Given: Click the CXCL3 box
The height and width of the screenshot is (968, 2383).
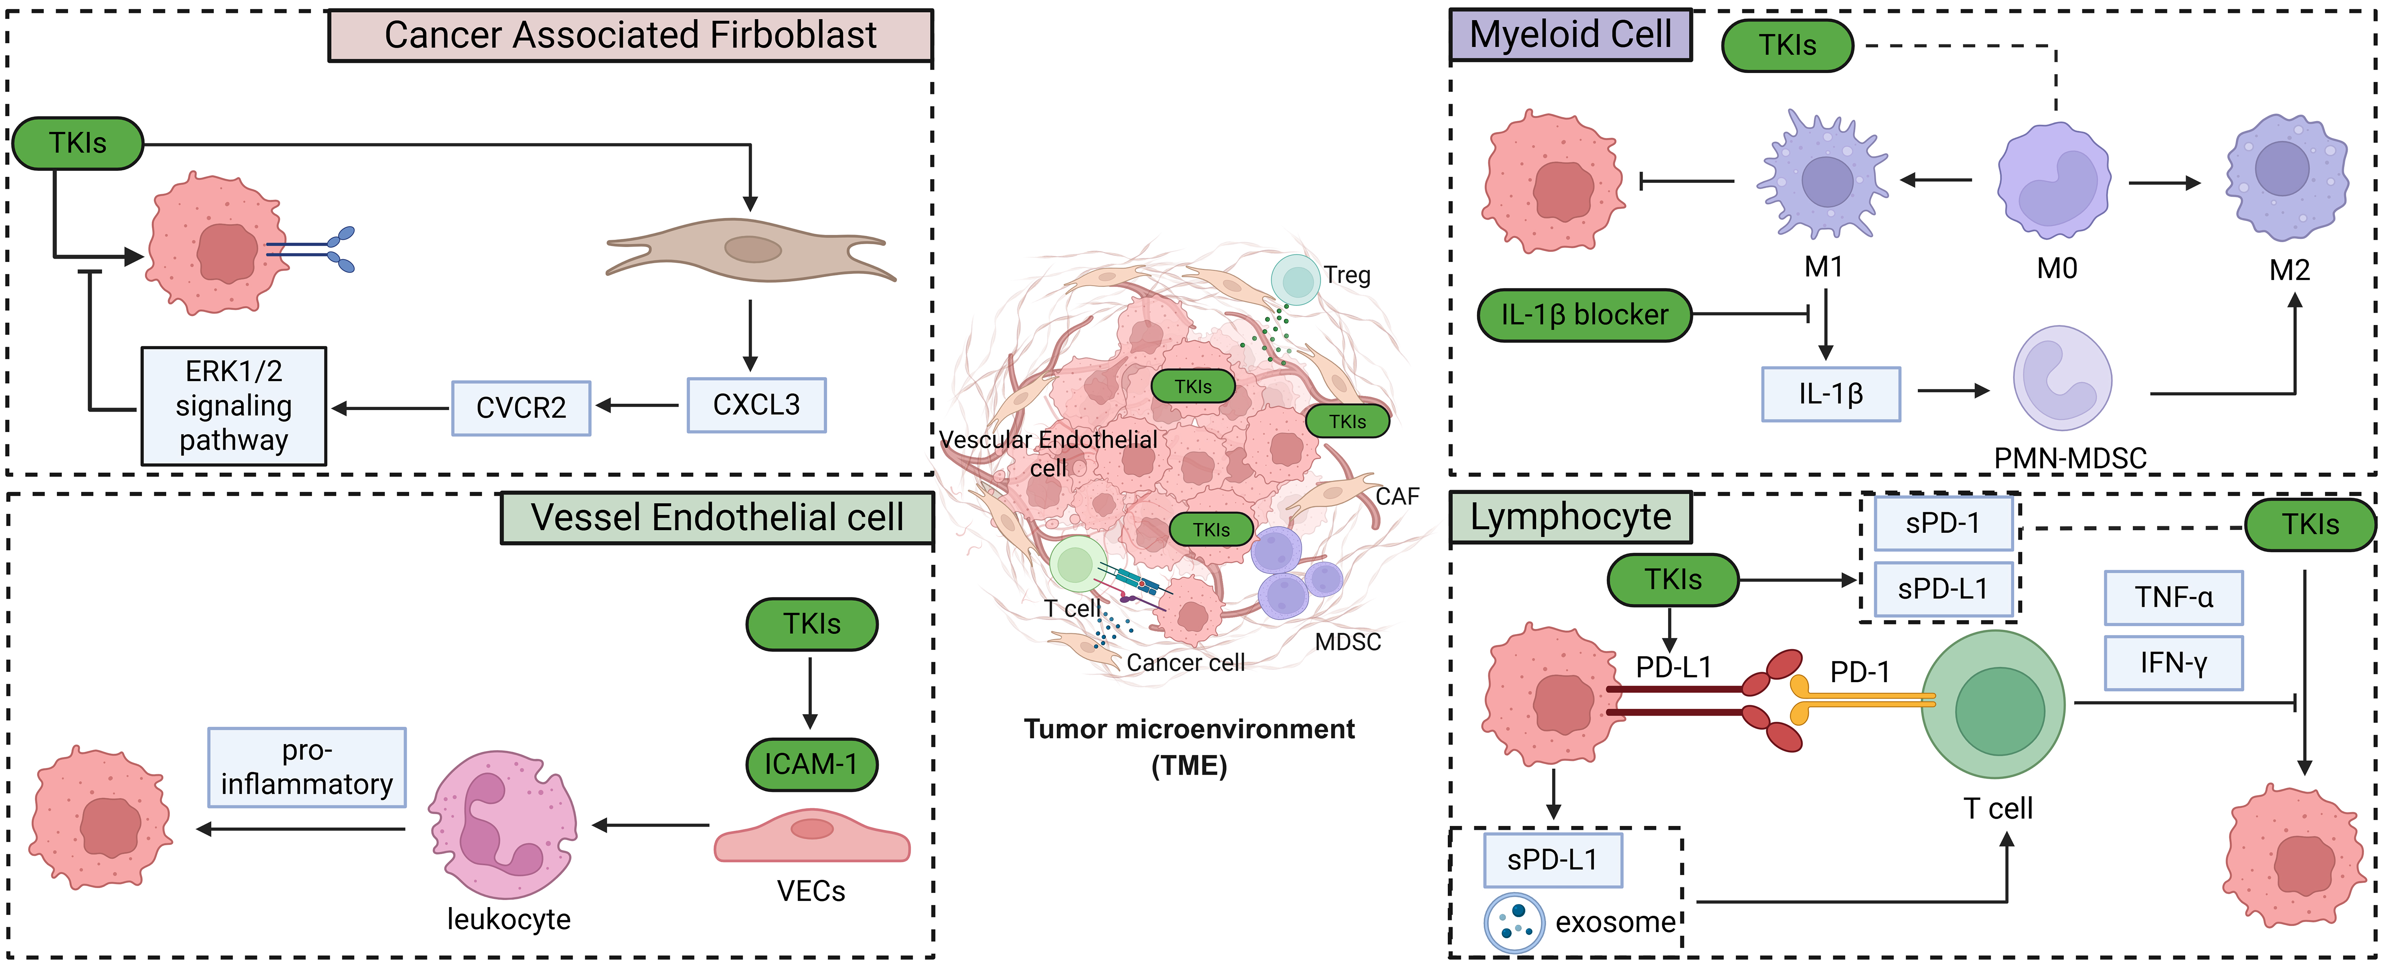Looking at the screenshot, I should [756, 405].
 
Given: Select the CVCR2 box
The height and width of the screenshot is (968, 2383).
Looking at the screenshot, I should [521, 408].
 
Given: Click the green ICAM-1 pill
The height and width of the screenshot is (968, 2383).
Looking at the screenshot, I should [811, 765].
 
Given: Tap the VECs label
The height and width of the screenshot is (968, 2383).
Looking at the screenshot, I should [811, 891].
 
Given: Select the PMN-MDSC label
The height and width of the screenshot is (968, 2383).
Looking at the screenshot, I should [2069, 458].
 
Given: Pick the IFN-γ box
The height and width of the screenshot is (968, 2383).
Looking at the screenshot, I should [2173, 662].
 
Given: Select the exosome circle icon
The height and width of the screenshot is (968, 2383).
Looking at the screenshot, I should [1513, 922].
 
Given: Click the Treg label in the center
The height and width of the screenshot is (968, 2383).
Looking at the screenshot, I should [1347, 275].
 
